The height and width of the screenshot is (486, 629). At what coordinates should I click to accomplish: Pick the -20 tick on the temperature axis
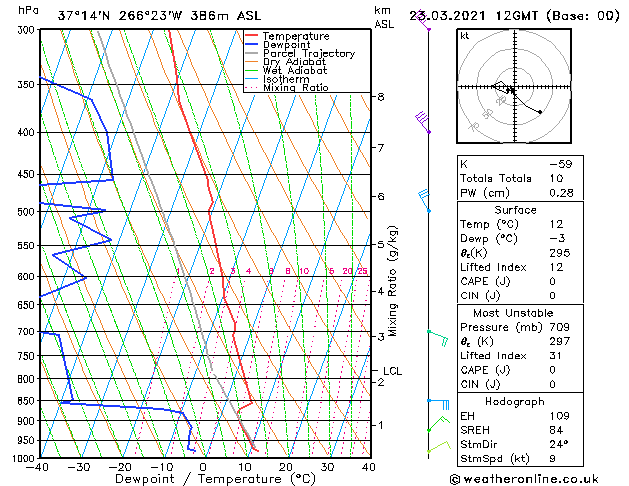pos(120,467)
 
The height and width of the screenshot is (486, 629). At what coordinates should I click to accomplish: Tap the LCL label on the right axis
pos(393,371)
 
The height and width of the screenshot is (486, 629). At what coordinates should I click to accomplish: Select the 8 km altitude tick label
pos(381,97)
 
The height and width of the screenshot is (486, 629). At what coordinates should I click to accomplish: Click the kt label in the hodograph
pos(465,35)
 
